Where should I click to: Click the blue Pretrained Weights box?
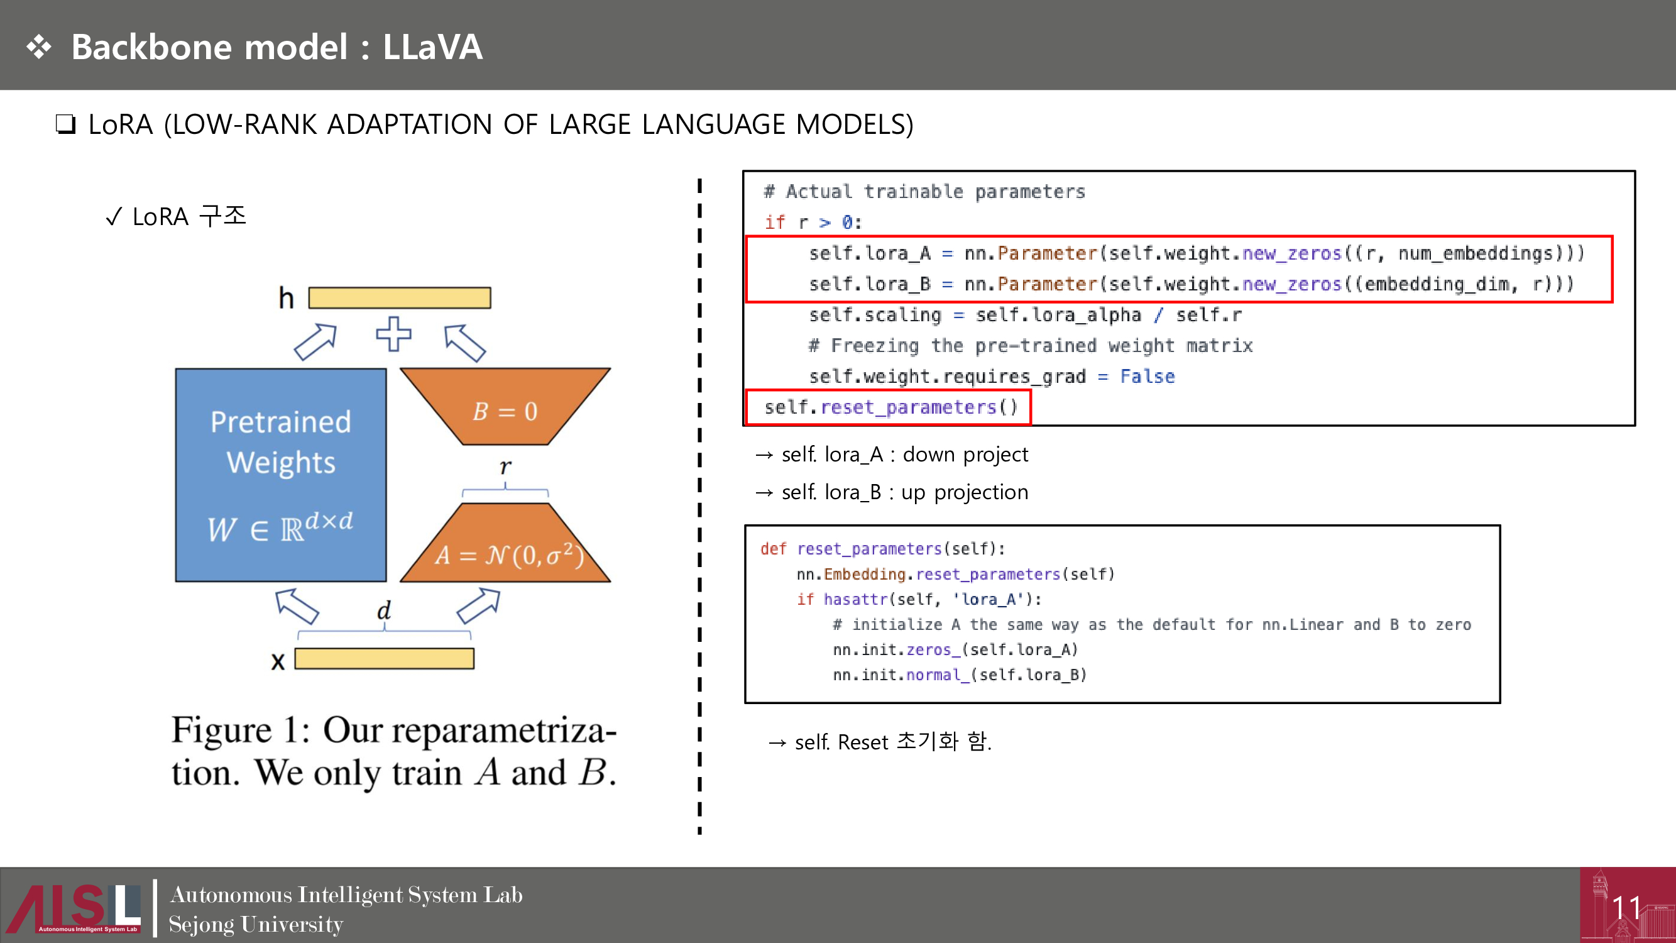(x=280, y=475)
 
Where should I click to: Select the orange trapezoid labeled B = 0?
(x=505, y=407)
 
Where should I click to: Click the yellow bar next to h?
(x=400, y=298)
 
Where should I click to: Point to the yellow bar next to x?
(x=384, y=659)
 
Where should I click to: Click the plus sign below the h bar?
(x=393, y=334)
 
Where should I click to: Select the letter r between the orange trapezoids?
(x=505, y=466)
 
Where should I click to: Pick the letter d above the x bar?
(x=384, y=610)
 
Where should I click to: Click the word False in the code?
(x=1147, y=376)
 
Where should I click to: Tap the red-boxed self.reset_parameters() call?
(x=889, y=407)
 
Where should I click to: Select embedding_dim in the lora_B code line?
(x=1436, y=284)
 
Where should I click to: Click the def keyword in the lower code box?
(x=773, y=549)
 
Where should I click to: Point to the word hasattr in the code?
(x=855, y=598)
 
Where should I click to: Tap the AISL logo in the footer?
(x=75, y=908)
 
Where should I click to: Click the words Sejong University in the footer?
(x=256, y=924)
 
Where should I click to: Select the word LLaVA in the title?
(x=432, y=47)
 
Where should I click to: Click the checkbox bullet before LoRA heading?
(x=65, y=124)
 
